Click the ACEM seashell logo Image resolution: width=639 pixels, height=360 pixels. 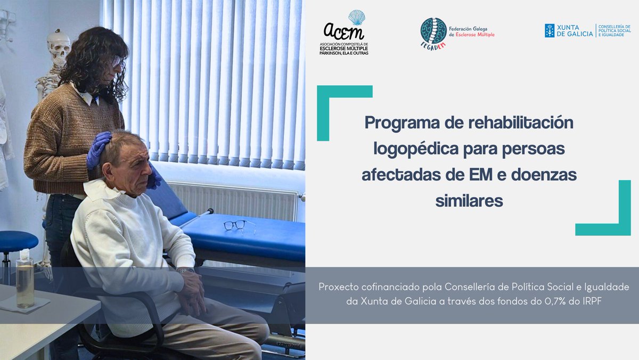[x=356, y=18]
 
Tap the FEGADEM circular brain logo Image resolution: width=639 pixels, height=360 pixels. [x=433, y=32]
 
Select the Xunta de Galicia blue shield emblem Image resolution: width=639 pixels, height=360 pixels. [x=550, y=30]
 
